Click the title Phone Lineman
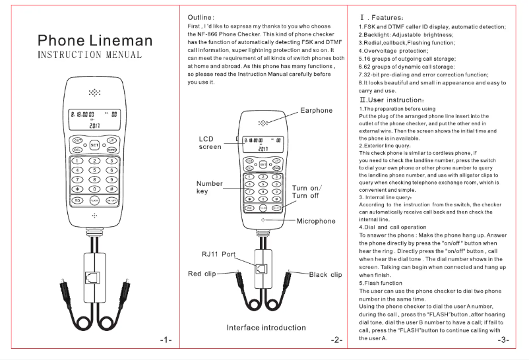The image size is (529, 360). pos(95,41)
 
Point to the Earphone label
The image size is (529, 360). pos(317,110)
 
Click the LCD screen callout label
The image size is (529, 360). pos(210,143)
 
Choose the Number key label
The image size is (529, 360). pos(210,187)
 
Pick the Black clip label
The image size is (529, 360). pos(326,274)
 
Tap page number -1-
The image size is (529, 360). pos(166,340)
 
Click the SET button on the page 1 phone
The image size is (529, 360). pos(94,144)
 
